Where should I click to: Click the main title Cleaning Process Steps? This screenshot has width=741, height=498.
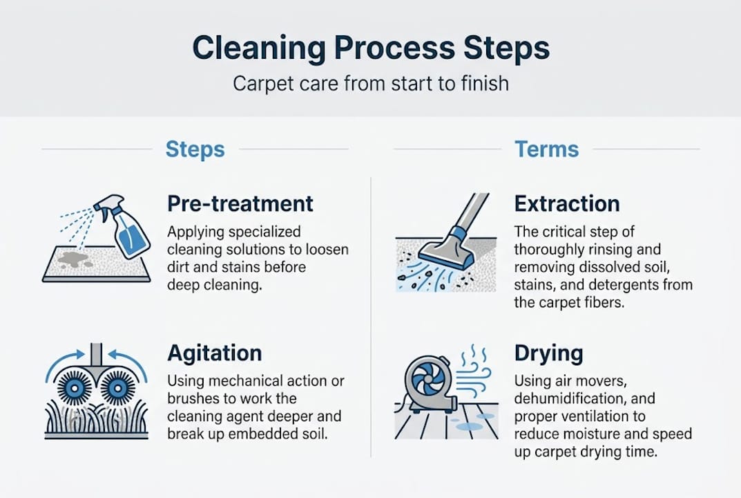tap(370, 48)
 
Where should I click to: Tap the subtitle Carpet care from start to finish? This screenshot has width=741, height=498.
tap(370, 84)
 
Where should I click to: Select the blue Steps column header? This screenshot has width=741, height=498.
tap(195, 149)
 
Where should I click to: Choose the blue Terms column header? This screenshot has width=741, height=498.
tap(546, 149)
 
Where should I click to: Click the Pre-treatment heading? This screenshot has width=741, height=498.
tap(240, 203)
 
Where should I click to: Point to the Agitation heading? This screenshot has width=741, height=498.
tap(214, 353)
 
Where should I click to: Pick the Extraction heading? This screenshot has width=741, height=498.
tap(567, 203)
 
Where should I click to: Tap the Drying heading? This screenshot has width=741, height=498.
tap(548, 353)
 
